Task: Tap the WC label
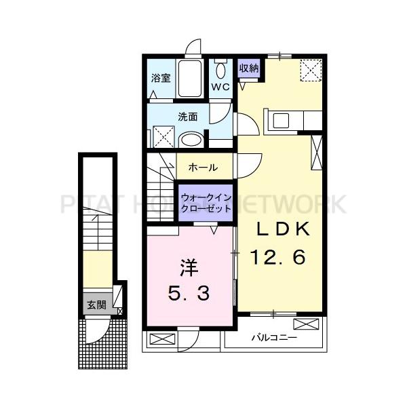221,87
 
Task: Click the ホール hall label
203,167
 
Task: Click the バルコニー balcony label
274,336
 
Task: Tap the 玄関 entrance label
96,305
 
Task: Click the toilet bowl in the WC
220,71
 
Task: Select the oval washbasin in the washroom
192,140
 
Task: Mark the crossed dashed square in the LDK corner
312,70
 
